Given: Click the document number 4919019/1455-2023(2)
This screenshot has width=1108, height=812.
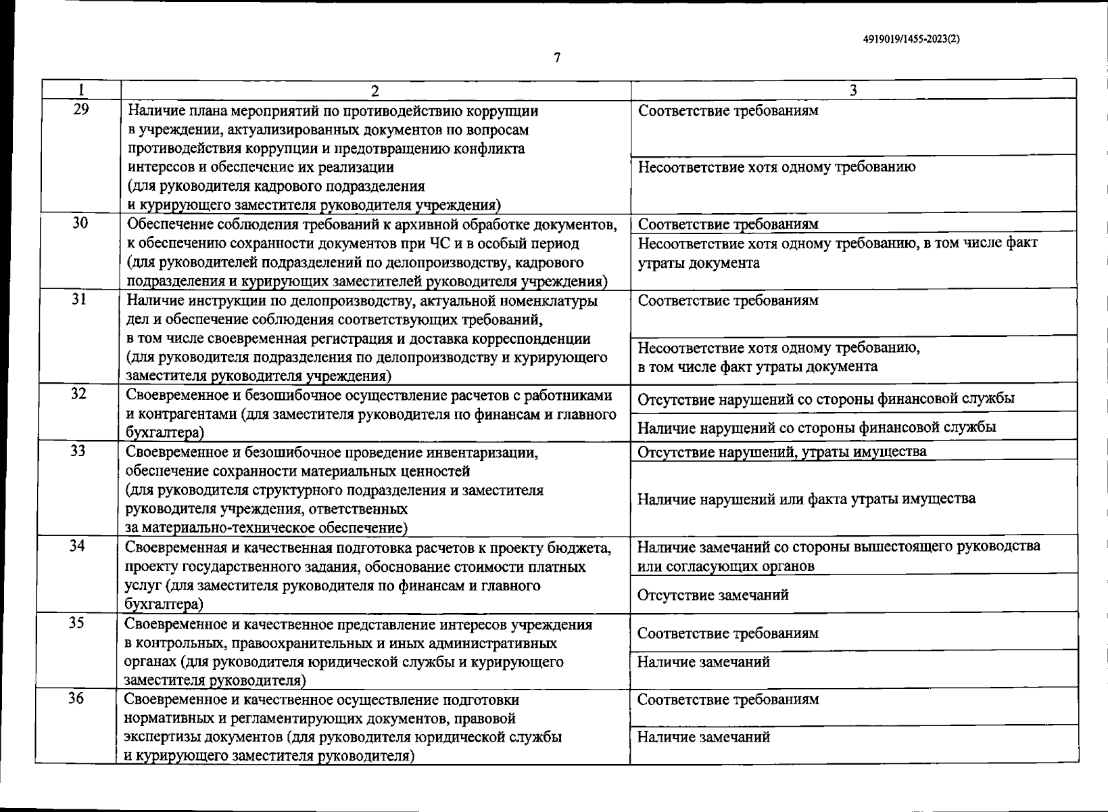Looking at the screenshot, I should [911, 39].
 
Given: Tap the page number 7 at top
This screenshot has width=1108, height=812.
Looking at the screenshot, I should [557, 58].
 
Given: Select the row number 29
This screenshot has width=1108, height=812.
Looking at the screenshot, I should [80, 109].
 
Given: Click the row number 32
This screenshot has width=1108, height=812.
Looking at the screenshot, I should [79, 393].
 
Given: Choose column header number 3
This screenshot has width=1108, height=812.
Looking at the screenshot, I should [853, 90].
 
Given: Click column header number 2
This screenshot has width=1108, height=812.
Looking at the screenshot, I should [375, 90].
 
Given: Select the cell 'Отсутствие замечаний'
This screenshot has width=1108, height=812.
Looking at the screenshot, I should [713, 595].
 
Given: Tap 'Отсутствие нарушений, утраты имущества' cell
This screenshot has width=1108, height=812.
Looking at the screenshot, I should [782, 451].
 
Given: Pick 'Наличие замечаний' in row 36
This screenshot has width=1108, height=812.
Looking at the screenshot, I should [703, 737].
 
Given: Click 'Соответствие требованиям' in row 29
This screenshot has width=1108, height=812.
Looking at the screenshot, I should [728, 110].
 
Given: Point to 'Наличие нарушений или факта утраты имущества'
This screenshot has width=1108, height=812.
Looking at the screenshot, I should [806, 499].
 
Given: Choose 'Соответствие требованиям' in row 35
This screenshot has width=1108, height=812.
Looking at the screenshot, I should [728, 633].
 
